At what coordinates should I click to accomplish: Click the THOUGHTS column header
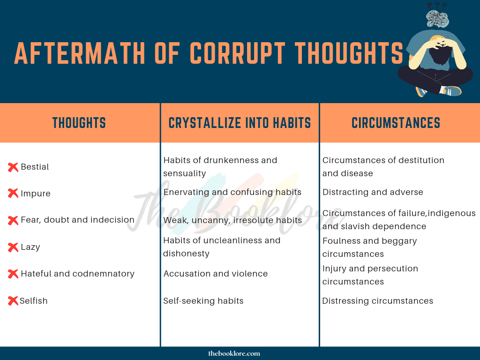[79, 123]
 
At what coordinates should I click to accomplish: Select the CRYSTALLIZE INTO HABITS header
[240, 123]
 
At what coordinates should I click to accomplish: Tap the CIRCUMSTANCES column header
[396, 123]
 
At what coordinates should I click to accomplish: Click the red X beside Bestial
[13, 167]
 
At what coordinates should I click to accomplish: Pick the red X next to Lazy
[13, 247]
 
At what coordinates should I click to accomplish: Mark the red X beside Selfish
[13, 301]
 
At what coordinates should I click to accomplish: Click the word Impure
[36, 194]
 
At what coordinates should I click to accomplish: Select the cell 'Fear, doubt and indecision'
[77, 220]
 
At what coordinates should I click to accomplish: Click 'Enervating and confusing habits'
[232, 192]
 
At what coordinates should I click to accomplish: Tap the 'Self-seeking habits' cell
[203, 301]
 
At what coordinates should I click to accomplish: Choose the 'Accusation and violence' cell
[216, 274]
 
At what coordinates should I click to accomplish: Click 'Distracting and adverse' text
[373, 192]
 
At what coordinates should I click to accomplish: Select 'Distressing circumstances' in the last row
[377, 301]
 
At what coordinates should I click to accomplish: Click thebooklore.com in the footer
[234, 353]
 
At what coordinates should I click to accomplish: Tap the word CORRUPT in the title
[238, 53]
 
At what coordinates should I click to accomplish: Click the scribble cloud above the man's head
[438, 18]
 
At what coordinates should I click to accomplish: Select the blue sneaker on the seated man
[451, 90]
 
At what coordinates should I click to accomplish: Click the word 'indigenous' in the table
[451, 213]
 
